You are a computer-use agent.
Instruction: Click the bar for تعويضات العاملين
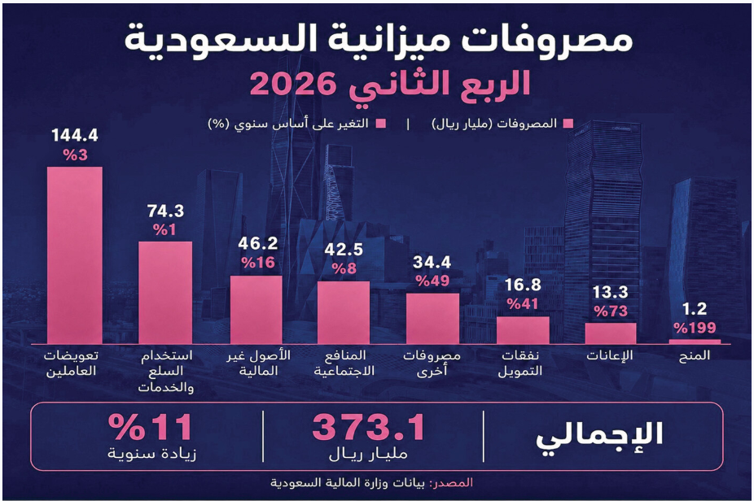[x=75, y=255]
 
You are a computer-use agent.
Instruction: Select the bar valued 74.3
[x=165, y=293]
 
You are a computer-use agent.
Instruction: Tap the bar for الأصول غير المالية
[x=256, y=310]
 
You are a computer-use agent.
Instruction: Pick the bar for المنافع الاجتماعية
[x=344, y=312]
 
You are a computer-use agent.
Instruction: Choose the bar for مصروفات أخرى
[x=433, y=319]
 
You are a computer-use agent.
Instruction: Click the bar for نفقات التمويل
[x=523, y=330]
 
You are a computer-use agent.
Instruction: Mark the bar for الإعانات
[x=611, y=333]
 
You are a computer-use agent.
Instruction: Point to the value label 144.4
[x=75, y=136]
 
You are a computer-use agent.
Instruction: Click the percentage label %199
[x=695, y=328]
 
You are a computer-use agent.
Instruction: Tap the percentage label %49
[x=433, y=281]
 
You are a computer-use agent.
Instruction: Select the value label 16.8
[x=523, y=285]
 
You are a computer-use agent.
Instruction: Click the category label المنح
[x=695, y=356]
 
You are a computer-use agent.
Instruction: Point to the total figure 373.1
[x=369, y=428]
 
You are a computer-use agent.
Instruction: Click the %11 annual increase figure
[x=151, y=427]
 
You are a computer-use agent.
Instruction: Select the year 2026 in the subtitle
[x=292, y=84]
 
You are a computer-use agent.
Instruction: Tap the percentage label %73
[x=611, y=311]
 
